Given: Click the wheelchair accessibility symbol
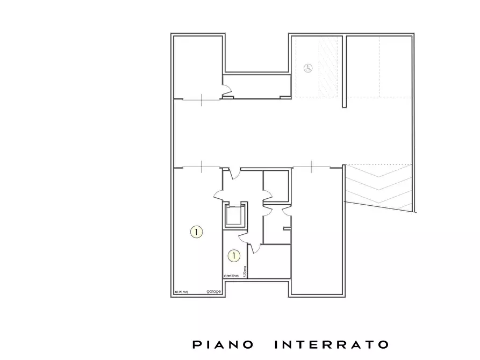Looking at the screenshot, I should click(x=308, y=68).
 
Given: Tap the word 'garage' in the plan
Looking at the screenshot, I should click(x=213, y=292).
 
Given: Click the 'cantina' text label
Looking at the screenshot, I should click(x=231, y=276).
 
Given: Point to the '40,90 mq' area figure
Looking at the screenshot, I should click(x=181, y=292).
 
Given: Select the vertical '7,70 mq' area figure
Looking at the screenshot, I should click(x=245, y=271).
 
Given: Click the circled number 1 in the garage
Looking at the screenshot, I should click(x=197, y=232).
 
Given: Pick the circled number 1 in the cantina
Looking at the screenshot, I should click(x=234, y=256).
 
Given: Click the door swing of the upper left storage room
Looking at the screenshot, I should click(x=226, y=91).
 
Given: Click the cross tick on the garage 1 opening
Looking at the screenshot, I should click(x=201, y=167).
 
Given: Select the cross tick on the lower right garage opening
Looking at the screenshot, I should click(x=312, y=167).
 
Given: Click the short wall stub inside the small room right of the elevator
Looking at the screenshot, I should click(x=287, y=229).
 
